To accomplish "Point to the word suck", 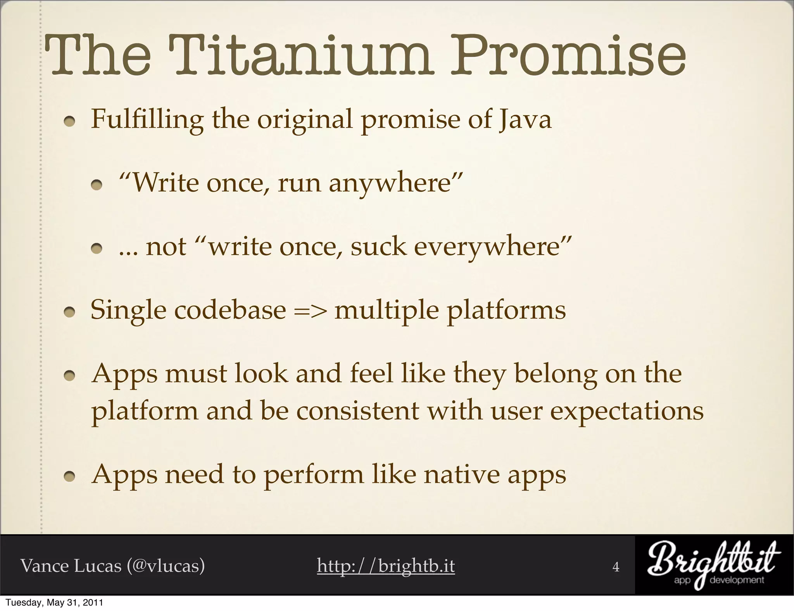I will [378, 247].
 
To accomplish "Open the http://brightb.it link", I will [386, 566].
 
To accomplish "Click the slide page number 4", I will [616, 567].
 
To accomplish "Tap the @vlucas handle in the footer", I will [166, 566].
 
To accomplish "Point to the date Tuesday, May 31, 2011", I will [54, 603].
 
